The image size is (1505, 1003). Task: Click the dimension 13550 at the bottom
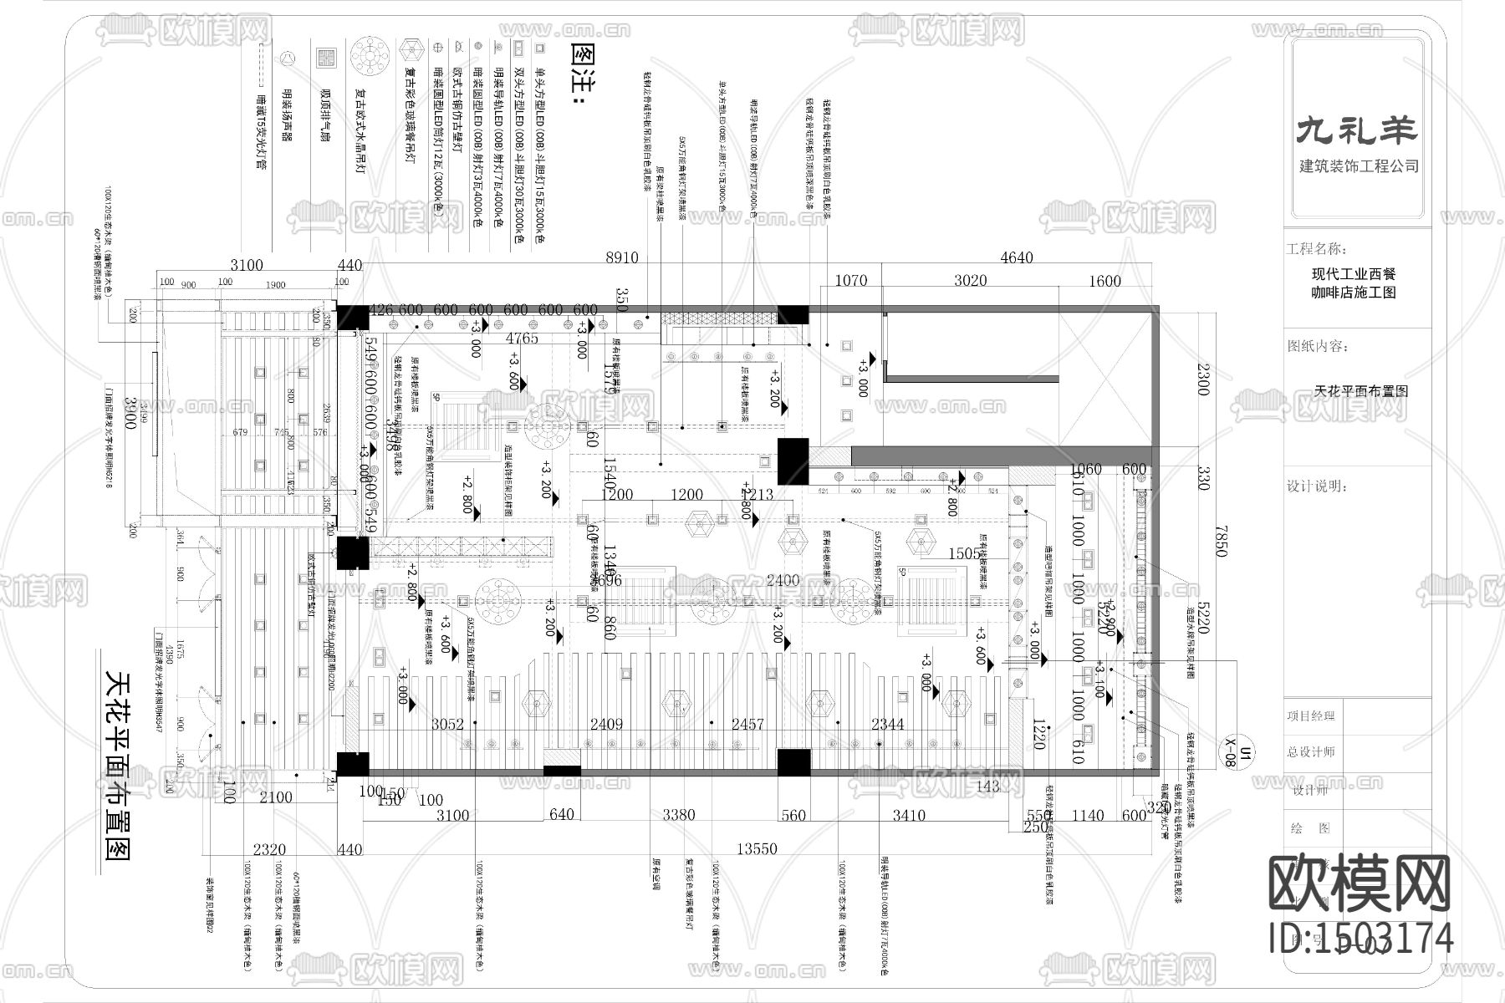click(757, 849)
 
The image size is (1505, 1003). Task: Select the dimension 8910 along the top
click(621, 258)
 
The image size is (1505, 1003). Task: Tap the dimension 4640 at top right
click(1016, 258)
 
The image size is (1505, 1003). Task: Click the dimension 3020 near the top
click(970, 282)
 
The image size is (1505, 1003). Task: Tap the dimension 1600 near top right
click(1104, 282)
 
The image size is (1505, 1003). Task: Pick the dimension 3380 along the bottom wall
click(678, 815)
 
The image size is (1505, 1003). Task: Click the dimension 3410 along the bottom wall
click(908, 815)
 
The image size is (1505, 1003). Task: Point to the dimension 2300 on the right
click(1203, 379)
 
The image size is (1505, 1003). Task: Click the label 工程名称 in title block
click(1316, 249)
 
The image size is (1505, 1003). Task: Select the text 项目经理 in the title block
click(1311, 715)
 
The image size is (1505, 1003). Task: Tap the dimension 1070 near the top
click(851, 282)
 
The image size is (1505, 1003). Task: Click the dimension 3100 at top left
click(247, 266)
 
